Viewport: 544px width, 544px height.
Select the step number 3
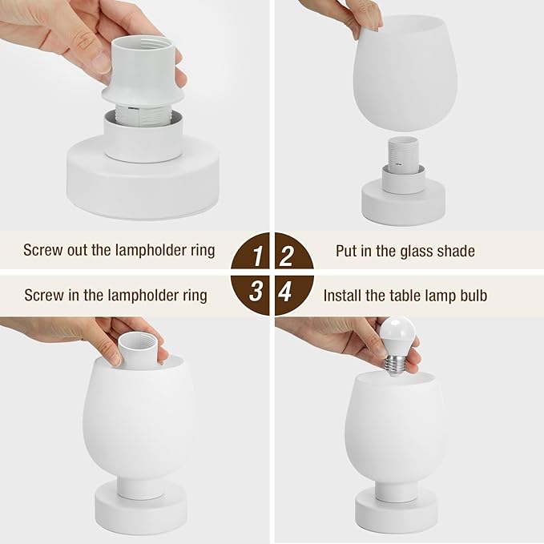[256, 292]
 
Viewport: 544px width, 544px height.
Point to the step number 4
[286, 292]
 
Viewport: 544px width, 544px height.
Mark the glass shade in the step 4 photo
[399, 429]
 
